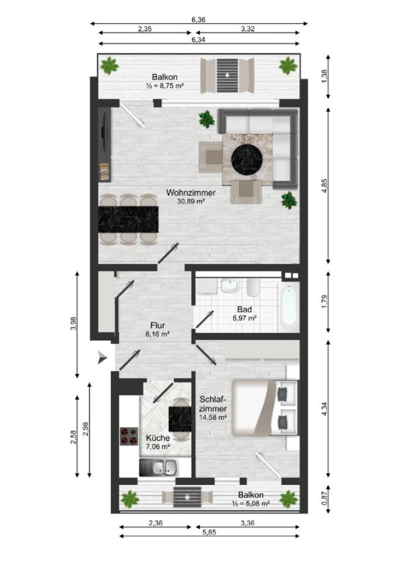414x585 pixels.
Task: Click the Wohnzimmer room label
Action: [x=191, y=197]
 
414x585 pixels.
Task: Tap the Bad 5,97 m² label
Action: [x=245, y=314]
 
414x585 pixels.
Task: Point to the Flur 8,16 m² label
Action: [x=158, y=329]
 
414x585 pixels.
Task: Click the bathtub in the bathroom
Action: [x=289, y=305]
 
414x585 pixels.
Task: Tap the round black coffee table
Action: [x=247, y=159]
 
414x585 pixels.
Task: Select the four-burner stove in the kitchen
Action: [x=129, y=436]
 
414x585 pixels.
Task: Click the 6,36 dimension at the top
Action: [x=199, y=19]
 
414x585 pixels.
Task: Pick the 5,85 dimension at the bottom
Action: [x=210, y=532]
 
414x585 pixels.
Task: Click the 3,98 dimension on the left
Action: [x=73, y=324]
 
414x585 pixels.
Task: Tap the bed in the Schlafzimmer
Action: [x=265, y=407]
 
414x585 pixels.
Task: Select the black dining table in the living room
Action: [x=128, y=219]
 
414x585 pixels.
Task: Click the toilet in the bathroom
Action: [x=252, y=288]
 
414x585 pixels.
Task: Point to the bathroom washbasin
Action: [x=229, y=286]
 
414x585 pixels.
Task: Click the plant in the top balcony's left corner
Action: [x=109, y=66]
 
